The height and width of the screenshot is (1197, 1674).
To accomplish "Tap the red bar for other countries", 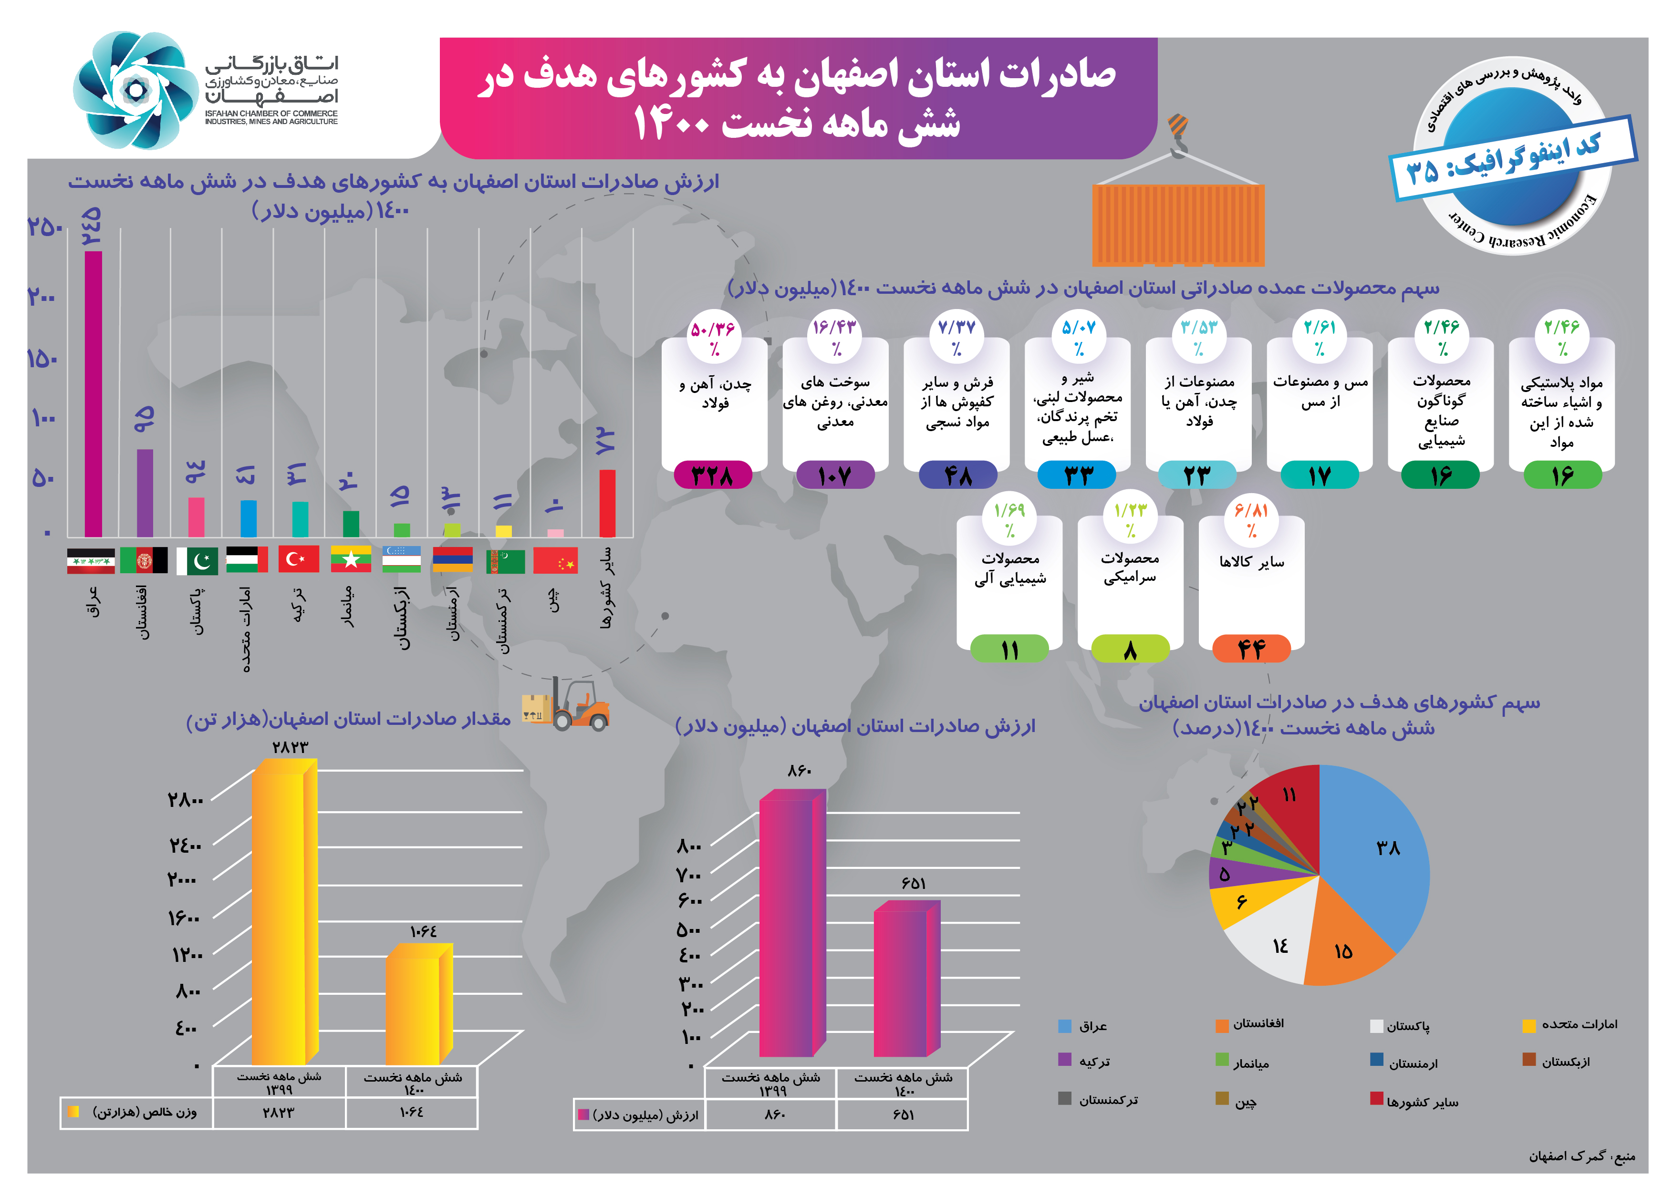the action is click(x=607, y=504).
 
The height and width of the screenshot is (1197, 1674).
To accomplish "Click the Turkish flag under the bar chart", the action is click(x=299, y=559).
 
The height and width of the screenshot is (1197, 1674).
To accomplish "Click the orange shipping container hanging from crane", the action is click(x=1178, y=225).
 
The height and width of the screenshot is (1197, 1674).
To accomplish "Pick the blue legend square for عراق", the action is click(x=1064, y=1026).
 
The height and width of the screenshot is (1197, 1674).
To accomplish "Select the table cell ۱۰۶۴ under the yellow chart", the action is click(x=411, y=1112).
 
